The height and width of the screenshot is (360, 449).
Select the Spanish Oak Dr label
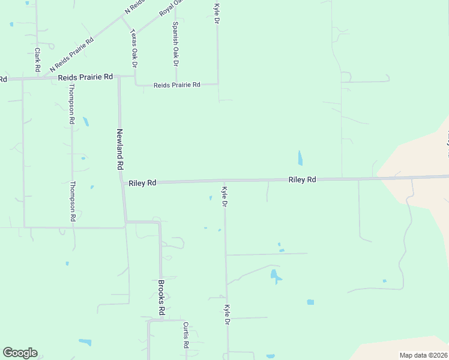(x=175, y=44)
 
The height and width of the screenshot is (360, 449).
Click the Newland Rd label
(x=120, y=149)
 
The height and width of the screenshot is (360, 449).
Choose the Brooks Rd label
(x=161, y=298)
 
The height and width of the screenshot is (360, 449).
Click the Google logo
(x=20, y=353)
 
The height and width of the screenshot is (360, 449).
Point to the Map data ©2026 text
(x=423, y=355)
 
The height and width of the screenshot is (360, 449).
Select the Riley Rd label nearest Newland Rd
(x=142, y=182)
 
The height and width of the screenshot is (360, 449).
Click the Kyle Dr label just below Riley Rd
(x=224, y=197)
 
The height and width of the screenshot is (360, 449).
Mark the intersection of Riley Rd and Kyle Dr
(x=224, y=181)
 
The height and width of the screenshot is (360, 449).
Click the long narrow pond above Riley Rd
(x=300, y=158)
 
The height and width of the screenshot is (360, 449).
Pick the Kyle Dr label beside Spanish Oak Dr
(x=217, y=14)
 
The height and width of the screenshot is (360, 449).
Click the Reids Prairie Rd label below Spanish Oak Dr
(x=176, y=85)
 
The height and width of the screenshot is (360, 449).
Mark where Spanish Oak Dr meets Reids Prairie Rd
(x=176, y=85)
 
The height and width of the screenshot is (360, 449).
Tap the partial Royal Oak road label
(x=170, y=8)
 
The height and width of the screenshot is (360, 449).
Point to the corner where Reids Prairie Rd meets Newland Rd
(x=119, y=77)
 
